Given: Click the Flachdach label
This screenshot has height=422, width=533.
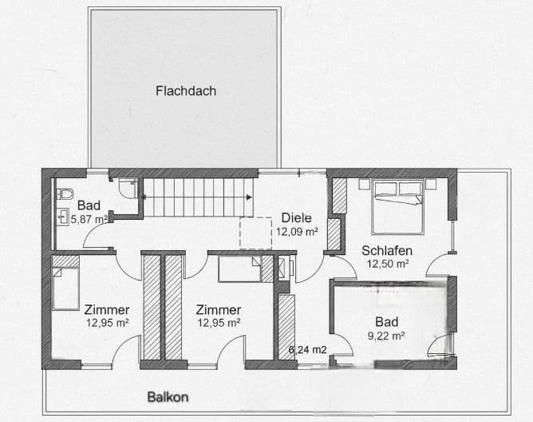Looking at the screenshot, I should [x=185, y=90].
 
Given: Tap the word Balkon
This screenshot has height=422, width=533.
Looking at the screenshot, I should [x=168, y=396].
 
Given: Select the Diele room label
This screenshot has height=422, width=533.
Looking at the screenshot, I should [x=296, y=217].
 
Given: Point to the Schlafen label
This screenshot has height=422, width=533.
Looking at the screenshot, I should [x=387, y=249].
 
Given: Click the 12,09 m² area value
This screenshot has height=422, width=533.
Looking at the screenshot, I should [x=298, y=232].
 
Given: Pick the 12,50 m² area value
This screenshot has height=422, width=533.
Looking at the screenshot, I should [x=388, y=263].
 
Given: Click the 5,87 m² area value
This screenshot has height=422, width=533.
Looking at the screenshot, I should [x=89, y=219].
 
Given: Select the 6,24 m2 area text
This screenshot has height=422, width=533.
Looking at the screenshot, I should [x=307, y=350].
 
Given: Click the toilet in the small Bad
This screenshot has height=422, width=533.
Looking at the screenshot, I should [x=65, y=193].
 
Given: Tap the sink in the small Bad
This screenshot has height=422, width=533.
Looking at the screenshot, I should [x=63, y=215].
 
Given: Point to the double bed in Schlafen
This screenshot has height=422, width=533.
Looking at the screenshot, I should [x=397, y=205].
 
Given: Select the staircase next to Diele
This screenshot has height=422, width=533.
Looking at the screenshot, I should [x=198, y=197].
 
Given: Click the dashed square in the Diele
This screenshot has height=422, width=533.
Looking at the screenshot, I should [x=256, y=233].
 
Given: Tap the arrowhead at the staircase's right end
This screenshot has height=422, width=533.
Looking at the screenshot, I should [x=250, y=197].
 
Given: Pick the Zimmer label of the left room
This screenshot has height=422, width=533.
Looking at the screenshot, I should [x=107, y=309].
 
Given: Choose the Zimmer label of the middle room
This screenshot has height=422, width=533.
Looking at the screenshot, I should [x=219, y=309].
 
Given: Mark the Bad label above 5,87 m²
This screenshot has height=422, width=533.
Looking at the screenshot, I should [x=89, y=205].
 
